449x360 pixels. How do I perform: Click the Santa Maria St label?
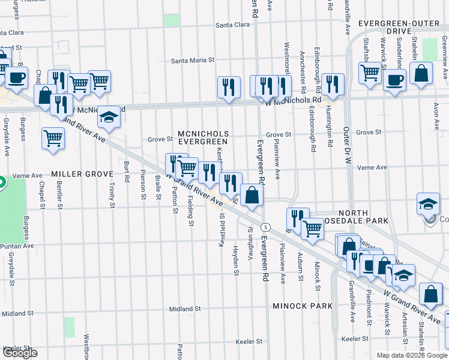[193, 61]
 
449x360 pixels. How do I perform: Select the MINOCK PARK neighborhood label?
[303, 306]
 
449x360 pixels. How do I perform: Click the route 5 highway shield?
[268, 227]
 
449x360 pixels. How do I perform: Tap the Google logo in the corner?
[19, 353]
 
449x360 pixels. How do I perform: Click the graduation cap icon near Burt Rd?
[109, 116]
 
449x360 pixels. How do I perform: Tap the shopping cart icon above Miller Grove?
[53, 139]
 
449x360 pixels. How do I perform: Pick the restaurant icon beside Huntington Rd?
[331, 83]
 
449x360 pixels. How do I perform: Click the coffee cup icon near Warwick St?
[394, 80]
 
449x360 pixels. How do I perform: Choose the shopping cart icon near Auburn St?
[312, 228]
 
